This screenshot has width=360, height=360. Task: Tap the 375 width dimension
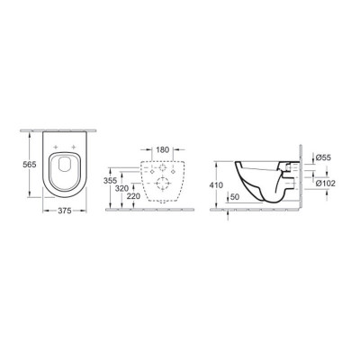pos(60,213)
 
